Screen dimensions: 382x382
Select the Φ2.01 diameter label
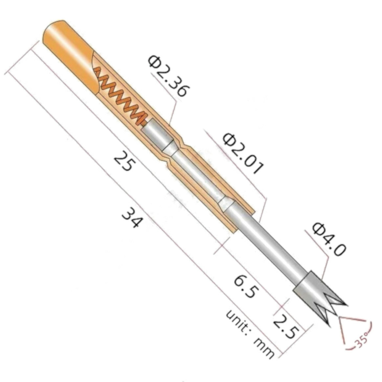243,154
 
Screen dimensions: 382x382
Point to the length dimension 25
122,161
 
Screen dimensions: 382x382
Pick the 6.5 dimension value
244,287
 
